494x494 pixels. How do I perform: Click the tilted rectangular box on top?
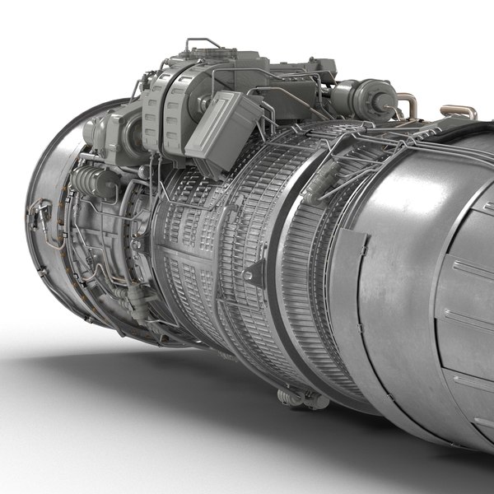tap(223, 131)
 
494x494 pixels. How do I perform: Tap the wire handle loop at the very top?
tap(201, 43)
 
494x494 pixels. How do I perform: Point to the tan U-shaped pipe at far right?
tap(459, 111)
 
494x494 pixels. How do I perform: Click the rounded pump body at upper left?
tap(107, 132)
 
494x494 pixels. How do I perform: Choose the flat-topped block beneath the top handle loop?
tap(202, 62)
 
